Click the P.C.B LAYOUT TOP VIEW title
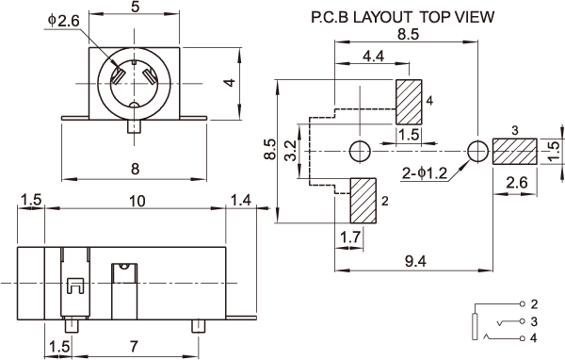pos(402,17)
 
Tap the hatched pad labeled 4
pos(409,102)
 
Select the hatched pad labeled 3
pos(515,151)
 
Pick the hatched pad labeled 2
pos(363,200)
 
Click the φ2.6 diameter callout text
pos(63,21)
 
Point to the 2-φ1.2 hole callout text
pos(425,173)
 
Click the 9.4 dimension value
pos(415,261)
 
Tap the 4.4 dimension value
pos(373,56)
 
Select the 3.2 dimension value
pos(290,150)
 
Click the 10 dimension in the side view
pos(137,201)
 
